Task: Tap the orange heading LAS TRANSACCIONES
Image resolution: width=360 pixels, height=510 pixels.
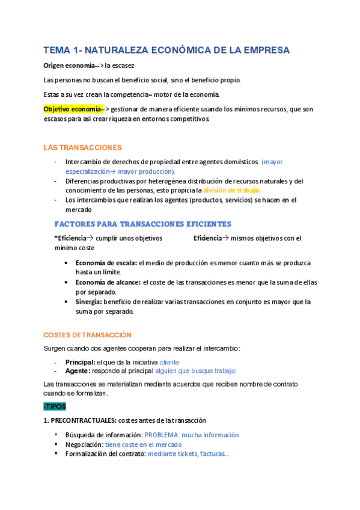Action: coord(82,147)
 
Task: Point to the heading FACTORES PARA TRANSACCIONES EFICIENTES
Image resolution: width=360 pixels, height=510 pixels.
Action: coord(142,224)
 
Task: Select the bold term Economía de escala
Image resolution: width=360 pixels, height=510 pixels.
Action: coord(106,263)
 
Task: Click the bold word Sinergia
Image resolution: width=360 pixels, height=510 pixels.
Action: coord(88,302)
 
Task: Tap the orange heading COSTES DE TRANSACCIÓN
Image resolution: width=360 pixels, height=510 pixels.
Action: coord(87,335)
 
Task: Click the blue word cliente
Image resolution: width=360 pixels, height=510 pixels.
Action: coord(169,363)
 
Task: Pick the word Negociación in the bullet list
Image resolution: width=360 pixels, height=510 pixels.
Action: coord(84,444)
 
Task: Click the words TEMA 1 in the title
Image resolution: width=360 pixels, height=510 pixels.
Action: coord(61,50)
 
